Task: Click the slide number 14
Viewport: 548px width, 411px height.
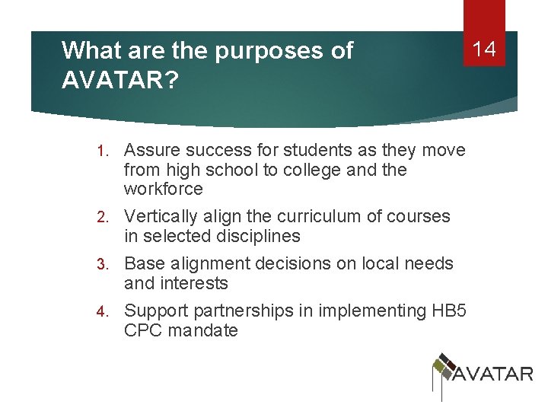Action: coord(484,50)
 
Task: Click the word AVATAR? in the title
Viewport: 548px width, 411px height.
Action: coord(120,80)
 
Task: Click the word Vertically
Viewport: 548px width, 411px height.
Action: coord(161,217)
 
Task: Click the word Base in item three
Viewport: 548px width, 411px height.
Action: coord(143,264)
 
